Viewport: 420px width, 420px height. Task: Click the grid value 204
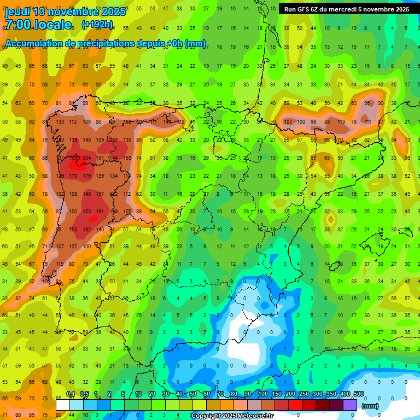(x=86, y=158)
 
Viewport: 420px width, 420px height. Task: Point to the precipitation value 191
(x=100, y=212)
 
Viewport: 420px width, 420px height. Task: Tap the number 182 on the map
(x=86, y=230)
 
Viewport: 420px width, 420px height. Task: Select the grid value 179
(x=86, y=176)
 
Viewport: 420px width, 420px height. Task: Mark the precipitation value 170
(x=73, y=176)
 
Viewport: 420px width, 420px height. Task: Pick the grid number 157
(x=100, y=194)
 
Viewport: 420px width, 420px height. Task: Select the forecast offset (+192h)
(x=97, y=25)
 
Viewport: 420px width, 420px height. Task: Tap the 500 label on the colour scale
(x=359, y=394)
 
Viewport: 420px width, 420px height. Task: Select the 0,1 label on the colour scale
(x=71, y=394)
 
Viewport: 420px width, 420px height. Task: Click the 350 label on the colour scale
(x=331, y=394)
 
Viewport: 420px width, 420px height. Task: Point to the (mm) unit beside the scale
(x=370, y=406)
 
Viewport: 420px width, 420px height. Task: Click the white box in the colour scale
(x=63, y=405)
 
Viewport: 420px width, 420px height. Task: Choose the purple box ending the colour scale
(x=351, y=405)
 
